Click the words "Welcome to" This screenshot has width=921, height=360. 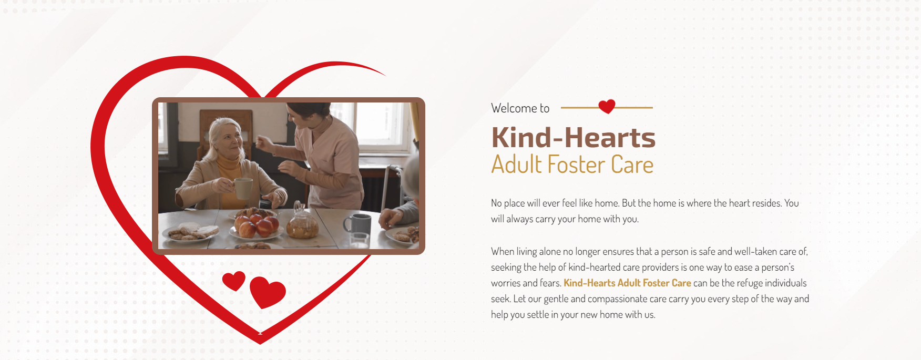point(520,108)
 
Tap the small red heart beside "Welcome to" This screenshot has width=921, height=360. point(607,107)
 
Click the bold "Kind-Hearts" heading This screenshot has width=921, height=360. point(574,138)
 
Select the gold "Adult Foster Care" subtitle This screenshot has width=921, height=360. point(572,164)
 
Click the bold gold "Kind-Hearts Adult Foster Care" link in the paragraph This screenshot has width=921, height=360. point(627,283)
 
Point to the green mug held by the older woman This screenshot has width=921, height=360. point(243,188)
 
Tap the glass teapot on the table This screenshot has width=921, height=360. point(302,222)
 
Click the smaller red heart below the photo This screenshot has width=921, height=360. point(234,281)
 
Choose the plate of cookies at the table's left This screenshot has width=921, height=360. point(191,232)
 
